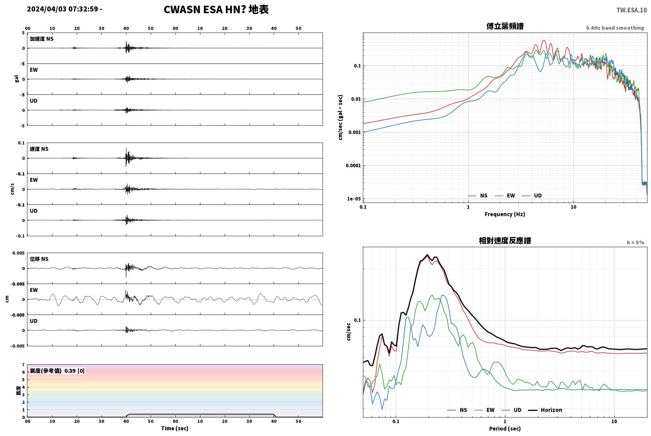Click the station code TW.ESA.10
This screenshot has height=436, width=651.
pyautogui.click(x=631, y=10)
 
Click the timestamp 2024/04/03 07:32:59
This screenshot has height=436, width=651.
pyautogui.click(x=63, y=9)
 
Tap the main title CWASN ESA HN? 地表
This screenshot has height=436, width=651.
pyautogui.click(x=216, y=10)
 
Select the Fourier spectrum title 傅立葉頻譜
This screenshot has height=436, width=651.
pyautogui.click(x=505, y=26)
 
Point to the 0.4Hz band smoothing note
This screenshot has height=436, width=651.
pyautogui.click(x=615, y=28)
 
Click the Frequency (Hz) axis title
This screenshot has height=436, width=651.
pyautogui.click(x=505, y=214)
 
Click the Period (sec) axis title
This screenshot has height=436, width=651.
pyautogui.click(x=505, y=429)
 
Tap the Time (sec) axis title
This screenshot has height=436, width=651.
pyautogui.click(x=175, y=428)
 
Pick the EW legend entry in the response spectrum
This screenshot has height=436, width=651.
pyautogui.click(x=484, y=410)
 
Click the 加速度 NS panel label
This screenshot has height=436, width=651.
pyautogui.click(x=41, y=39)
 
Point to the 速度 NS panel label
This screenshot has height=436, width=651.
pyautogui.click(x=39, y=149)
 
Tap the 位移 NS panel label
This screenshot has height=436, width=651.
pyautogui.click(x=39, y=259)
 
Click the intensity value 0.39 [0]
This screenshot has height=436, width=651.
pyautogui.click(x=74, y=371)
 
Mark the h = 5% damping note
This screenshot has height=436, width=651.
pyautogui.click(x=635, y=242)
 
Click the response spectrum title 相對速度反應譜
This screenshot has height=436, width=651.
pyautogui.click(x=505, y=241)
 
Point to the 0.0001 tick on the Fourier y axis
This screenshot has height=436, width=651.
pyautogui.click(x=353, y=165)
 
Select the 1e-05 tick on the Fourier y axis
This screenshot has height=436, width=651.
pyautogui.click(x=354, y=199)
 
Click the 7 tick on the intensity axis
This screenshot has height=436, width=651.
pyautogui.click(x=23, y=365)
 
